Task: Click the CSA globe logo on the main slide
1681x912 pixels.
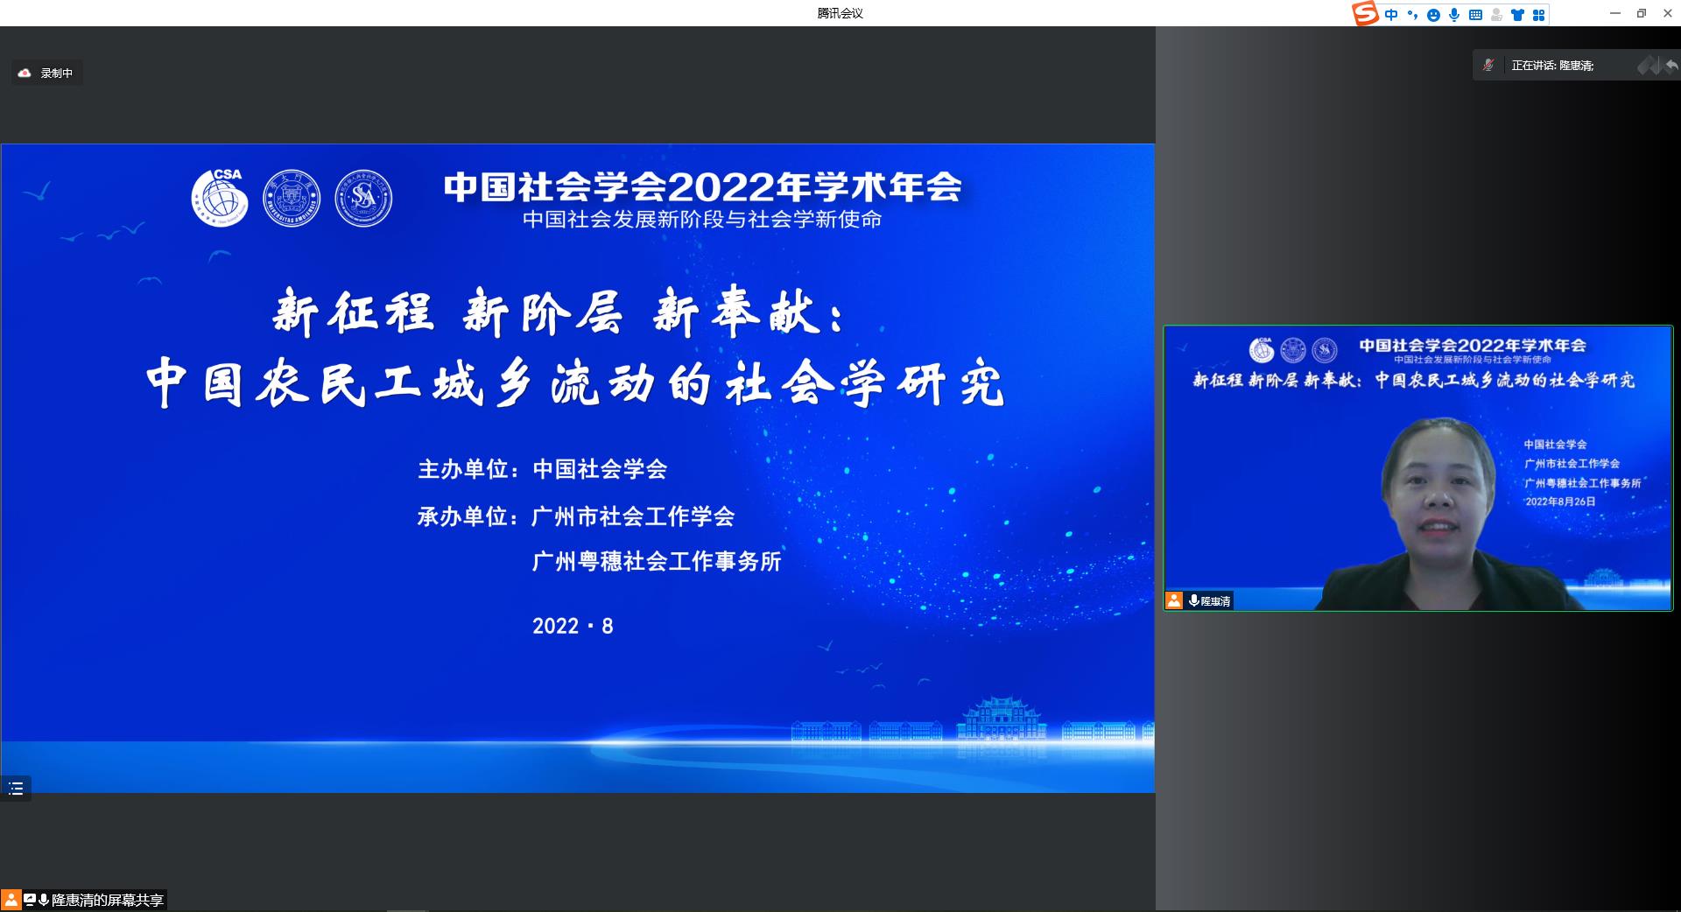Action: tap(220, 198)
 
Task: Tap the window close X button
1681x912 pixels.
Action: tap(1667, 13)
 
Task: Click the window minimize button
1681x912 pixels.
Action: tap(1615, 13)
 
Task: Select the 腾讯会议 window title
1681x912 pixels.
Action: tap(840, 13)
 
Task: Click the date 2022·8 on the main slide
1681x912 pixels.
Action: tap(573, 626)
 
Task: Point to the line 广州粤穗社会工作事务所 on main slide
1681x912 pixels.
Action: tap(657, 561)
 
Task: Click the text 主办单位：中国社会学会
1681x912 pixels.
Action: tap(543, 469)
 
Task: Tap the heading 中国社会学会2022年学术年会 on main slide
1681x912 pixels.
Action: tap(702, 187)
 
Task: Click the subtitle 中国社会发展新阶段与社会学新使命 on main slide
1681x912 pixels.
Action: tap(702, 220)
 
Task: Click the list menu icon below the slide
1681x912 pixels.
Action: tap(16, 789)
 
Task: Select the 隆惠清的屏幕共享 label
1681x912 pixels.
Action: tap(107, 900)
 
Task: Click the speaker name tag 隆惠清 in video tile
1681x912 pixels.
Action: tap(1215, 601)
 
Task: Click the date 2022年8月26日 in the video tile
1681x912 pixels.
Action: tap(1560, 502)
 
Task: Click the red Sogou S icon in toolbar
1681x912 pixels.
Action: tap(1365, 13)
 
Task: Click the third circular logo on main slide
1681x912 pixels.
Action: tap(363, 198)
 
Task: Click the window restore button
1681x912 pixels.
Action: tap(1642, 13)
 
